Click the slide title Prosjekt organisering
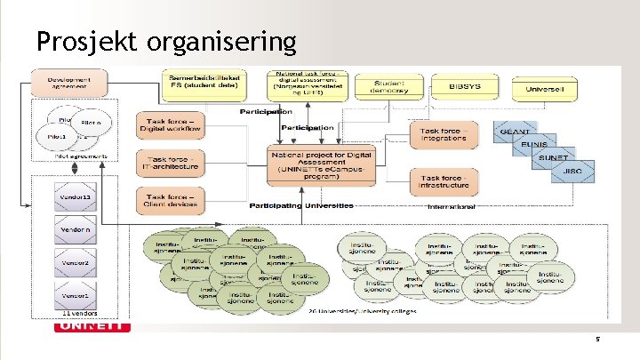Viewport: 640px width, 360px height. pos(166,40)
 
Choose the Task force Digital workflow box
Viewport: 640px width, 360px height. pos(171,125)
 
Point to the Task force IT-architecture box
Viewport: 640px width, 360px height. pos(171,162)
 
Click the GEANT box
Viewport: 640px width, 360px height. pos(516,131)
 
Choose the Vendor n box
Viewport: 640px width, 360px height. pos(76,229)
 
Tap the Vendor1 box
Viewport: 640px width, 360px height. pos(76,294)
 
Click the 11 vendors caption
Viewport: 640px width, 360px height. pos(79,315)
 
